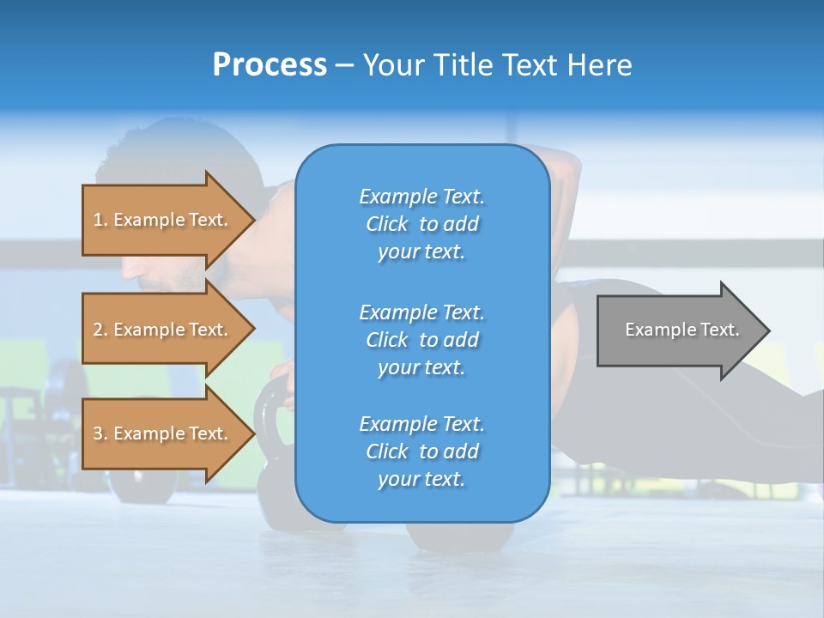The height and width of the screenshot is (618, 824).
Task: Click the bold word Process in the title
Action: pyautogui.click(x=270, y=65)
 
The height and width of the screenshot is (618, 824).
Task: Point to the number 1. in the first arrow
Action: pyautogui.click(x=100, y=220)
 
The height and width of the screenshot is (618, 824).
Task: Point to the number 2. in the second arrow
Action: pyautogui.click(x=100, y=330)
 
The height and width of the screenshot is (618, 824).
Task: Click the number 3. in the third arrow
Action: pyautogui.click(x=100, y=433)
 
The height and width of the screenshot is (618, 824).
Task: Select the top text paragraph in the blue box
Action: pyautogui.click(x=421, y=224)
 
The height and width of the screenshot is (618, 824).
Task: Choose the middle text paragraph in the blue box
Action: pyautogui.click(x=421, y=340)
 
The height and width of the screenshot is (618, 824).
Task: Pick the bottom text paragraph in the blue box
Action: pyautogui.click(x=421, y=451)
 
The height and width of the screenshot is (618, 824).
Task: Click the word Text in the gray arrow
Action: pyautogui.click(x=719, y=330)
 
